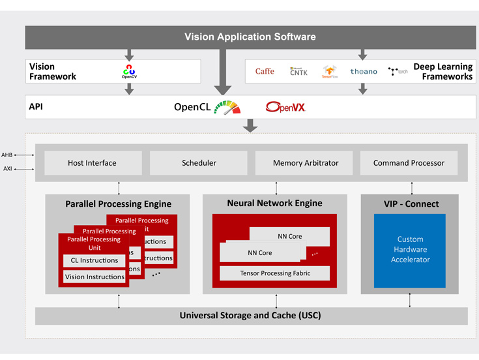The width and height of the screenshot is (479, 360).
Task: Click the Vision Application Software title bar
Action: point(250,37)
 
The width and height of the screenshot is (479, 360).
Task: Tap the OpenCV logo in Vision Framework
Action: point(129,71)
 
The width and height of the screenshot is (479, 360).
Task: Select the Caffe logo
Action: point(265,71)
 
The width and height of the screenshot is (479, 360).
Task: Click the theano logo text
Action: point(363,72)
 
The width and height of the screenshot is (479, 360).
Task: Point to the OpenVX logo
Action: point(285,107)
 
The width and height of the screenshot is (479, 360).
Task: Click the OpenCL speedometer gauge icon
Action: point(227,107)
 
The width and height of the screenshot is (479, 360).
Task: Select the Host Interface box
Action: point(93,163)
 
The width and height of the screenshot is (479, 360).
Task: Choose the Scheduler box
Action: point(199,163)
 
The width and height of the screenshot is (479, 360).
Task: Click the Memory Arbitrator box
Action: point(304,163)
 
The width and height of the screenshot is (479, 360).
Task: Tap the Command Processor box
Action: point(409,163)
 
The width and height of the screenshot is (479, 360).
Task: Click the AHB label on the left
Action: point(7,155)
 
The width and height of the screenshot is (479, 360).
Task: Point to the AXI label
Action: point(7,169)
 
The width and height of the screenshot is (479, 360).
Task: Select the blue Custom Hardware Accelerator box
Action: point(409,250)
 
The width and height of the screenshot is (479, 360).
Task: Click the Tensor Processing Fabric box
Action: point(274,273)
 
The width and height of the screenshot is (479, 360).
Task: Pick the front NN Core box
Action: point(259,252)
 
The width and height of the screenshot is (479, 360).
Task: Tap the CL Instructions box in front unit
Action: point(94,260)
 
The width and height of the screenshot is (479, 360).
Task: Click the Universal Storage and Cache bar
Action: point(251,316)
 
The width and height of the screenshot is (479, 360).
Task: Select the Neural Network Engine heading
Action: point(274,203)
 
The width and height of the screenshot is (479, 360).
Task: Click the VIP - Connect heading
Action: point(409,203)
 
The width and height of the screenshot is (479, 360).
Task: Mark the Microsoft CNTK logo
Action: point(298,71)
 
